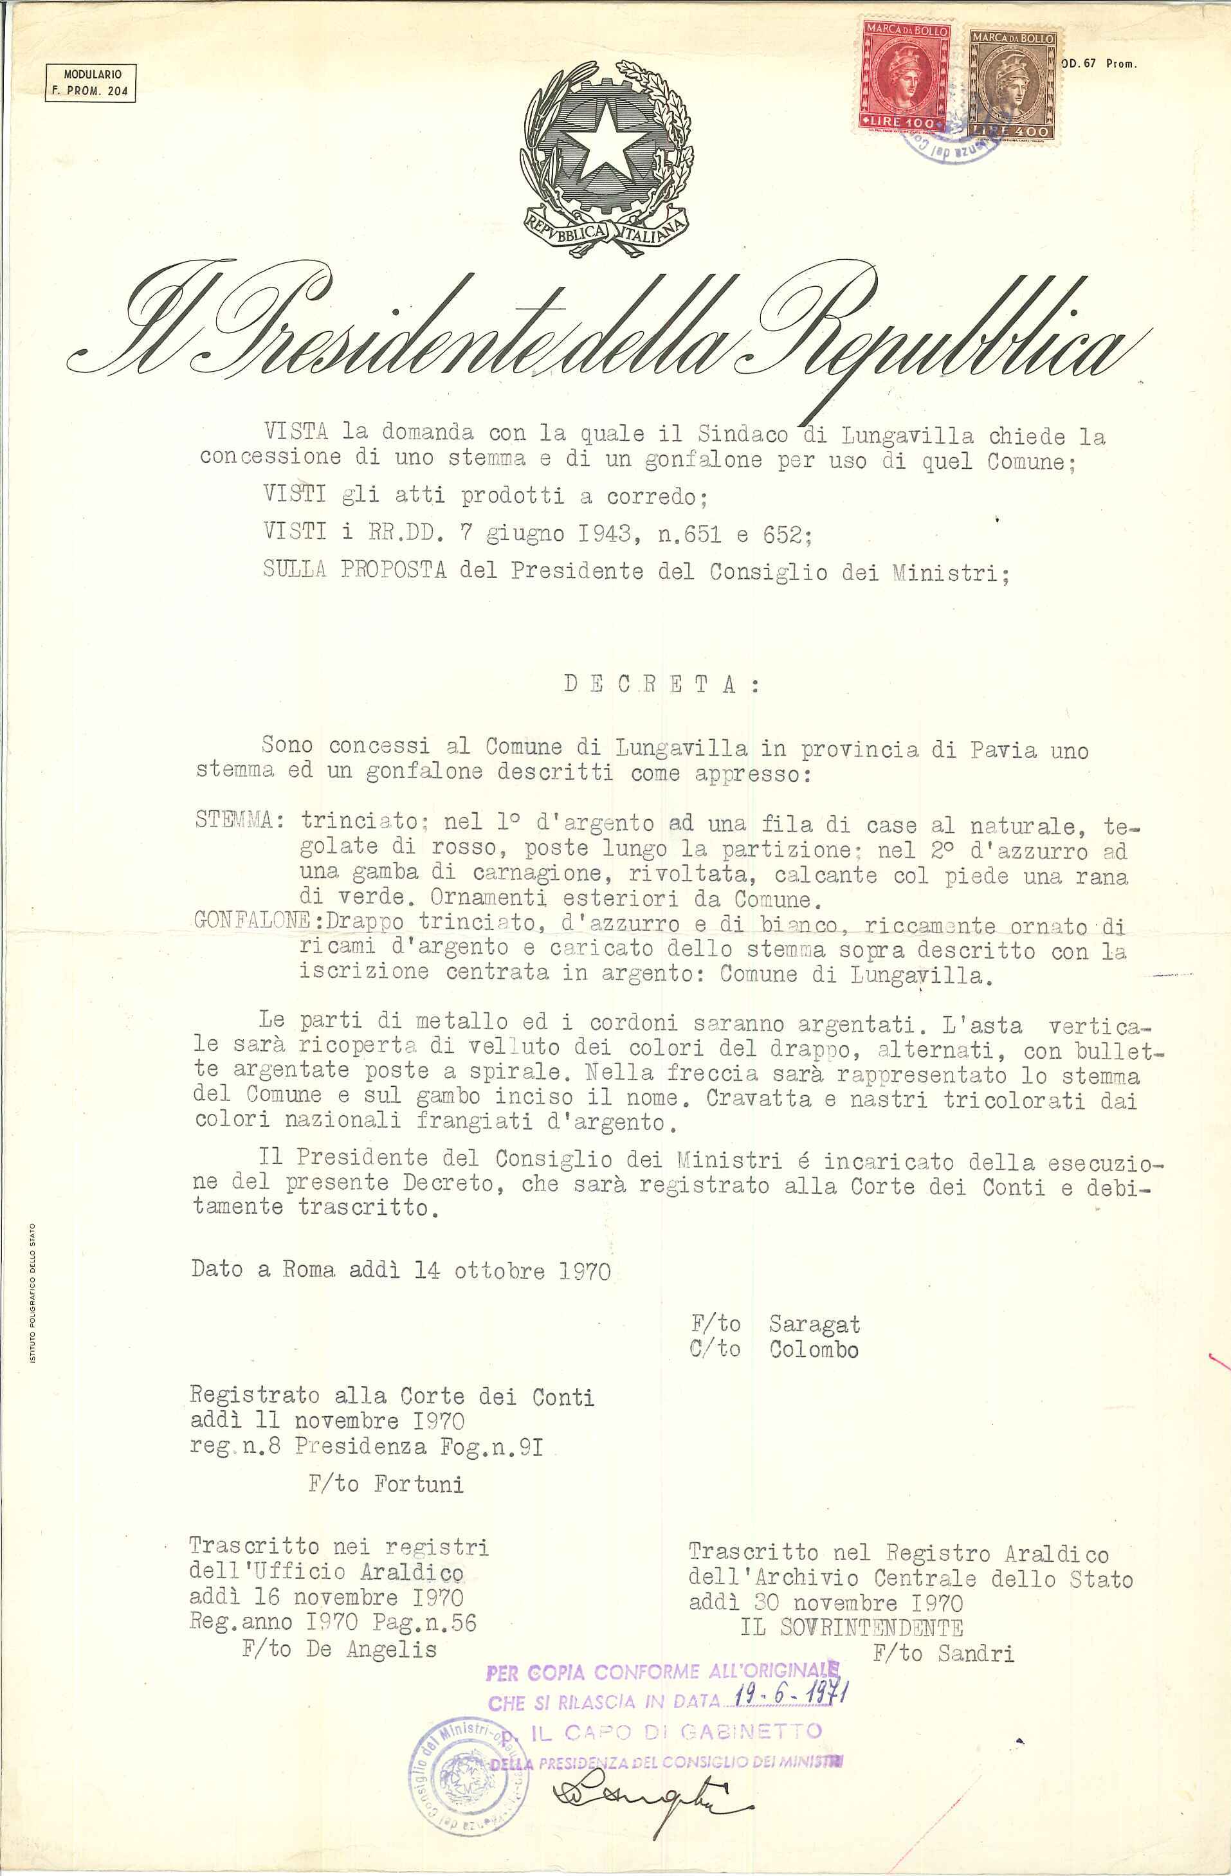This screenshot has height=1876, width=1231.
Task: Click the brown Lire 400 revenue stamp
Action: (x=1013, y=87)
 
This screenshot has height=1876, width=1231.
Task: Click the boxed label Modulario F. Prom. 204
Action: (x=91, y=84)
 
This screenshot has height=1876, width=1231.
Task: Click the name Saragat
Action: (x=814, y=1324)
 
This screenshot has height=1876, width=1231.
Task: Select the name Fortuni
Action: (x=419, y=1484)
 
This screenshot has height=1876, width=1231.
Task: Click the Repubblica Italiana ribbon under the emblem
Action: (x=605, y=230)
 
